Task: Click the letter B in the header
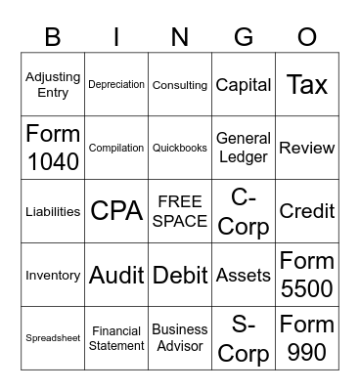tap(53, 37)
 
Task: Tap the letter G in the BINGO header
tap(244, 37)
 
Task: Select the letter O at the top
tap(307, 37)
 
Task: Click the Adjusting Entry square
tap(53, 85)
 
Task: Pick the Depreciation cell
tap(116, 85)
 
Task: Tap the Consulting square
tap(180, 85)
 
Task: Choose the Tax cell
tap(307, 85)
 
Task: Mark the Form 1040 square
tap(53, 148)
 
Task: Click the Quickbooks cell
tap(180, 148)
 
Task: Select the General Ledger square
tap(244, 148)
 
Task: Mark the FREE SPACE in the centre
tap(180, 211)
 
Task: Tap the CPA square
tap(116, 211)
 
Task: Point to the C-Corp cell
tap(244, 211)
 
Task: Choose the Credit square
tap(307, 211)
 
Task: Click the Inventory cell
tap(53, 275)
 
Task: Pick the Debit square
tap(180, 275)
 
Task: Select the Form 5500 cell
tap(307, 275)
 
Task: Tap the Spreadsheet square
tap(53, 338)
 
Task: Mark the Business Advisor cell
tap(180, 338)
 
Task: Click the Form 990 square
tap(307, 338)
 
